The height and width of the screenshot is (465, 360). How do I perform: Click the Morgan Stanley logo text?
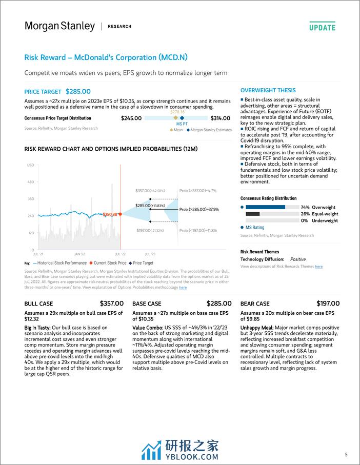(59, 26)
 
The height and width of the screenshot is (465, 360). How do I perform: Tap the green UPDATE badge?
(322, 28)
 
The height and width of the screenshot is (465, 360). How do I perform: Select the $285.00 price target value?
(78, 91)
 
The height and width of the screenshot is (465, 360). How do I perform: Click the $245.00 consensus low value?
(131, 118)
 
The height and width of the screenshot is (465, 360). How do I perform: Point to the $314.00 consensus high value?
(219, 118)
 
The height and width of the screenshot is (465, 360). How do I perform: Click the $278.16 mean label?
(177, 111)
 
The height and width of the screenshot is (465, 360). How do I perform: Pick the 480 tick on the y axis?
(30, 182)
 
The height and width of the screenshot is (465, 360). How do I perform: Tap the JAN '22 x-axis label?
(79, 254)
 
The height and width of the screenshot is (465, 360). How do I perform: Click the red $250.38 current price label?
(110, 214)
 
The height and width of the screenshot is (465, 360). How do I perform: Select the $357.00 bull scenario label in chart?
(143, 191)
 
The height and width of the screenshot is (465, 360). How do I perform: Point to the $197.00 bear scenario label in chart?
(143, 231)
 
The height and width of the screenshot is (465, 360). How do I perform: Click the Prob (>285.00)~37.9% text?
(199, 209)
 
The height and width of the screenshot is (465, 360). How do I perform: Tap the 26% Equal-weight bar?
(253, 214)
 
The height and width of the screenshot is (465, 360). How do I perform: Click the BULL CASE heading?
(39, 304)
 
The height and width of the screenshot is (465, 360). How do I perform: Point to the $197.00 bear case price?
(328, 304)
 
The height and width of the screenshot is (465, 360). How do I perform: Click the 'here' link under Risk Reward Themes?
(318, 267)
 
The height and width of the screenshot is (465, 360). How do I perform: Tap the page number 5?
(346, 454)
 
